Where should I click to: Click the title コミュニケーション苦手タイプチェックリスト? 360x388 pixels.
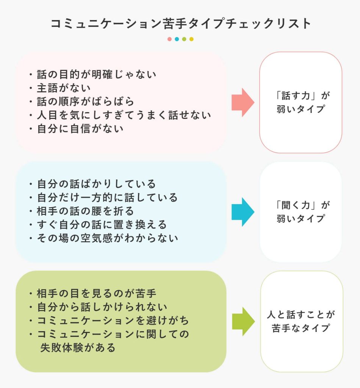[180, 23]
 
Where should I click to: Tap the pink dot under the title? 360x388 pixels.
[169, 39]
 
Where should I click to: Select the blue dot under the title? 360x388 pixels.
[177, 39]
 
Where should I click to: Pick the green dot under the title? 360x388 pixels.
[184, 39]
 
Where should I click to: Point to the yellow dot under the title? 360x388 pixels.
[191, 39]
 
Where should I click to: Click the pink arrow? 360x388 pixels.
[243, 102]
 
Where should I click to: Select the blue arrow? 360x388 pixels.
[243, 212]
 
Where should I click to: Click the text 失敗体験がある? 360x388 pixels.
[78, 348]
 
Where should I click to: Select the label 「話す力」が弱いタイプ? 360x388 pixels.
[301, 102]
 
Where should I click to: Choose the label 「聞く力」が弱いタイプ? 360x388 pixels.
[301, 212]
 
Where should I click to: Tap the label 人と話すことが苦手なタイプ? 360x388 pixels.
[301, 321]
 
